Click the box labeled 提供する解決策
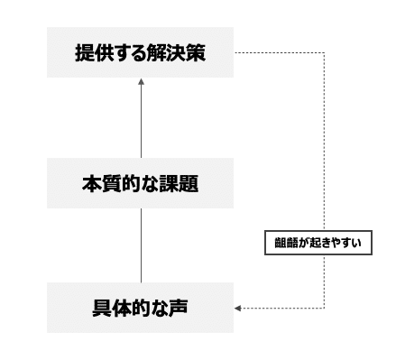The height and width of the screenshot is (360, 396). point(140,52)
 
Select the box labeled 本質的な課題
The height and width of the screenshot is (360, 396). point(140,183)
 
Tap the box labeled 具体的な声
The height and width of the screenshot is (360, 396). point(140,308)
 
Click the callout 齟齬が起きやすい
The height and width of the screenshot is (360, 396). point(318,243)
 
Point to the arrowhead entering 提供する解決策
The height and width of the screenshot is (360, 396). point(141,81)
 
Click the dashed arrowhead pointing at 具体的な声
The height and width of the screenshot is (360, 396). point(237,309)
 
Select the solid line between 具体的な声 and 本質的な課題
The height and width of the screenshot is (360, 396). point(141,245)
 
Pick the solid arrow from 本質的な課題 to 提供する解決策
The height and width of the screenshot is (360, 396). point(141,118)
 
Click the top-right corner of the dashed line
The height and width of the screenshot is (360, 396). point(325,53)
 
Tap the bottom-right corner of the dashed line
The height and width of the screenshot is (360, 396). point(325,309)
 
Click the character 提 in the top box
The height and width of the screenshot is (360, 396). point(84,53)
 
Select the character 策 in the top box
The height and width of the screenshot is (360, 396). point(197,53)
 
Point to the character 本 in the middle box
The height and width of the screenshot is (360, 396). point(91,183)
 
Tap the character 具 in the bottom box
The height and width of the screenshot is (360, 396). point(101,308)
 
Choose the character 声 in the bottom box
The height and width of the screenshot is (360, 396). point(179,308)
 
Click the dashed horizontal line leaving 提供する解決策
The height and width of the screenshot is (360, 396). point(280,53)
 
